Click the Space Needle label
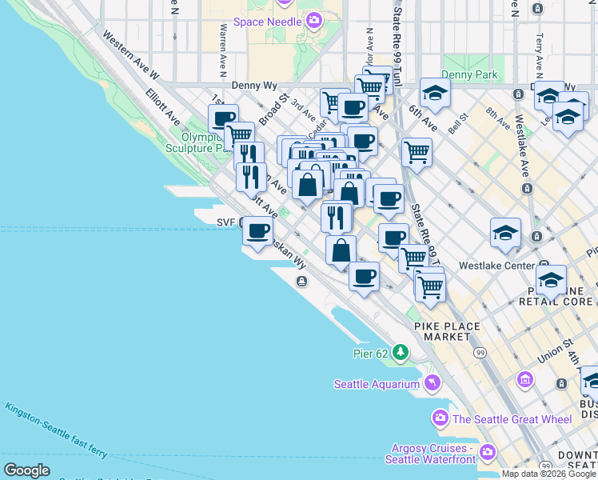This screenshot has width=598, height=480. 268,21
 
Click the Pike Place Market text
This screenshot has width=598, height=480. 447,331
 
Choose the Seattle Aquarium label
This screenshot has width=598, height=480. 376,384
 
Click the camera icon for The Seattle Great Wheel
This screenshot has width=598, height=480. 440,418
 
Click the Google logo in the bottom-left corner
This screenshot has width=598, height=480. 26,470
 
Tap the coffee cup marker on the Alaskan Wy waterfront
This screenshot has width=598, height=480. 257,231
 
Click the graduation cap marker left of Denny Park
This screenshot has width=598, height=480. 435,92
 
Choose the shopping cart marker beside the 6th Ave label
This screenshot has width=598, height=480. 417,150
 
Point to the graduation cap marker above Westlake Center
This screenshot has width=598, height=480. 505,233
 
